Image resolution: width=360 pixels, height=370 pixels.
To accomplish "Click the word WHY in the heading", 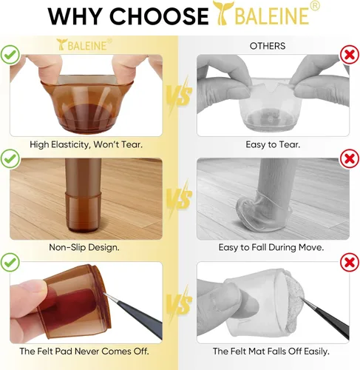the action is click(x=75, y=16).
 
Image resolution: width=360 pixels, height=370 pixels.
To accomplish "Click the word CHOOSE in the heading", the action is click(x=159, y=16).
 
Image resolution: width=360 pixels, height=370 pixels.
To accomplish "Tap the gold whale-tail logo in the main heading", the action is click(x=223, y=13).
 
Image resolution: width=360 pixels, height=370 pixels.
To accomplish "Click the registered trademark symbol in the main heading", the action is click(x=314, y=6).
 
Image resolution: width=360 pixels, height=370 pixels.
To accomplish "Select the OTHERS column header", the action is click(x=268, y=46).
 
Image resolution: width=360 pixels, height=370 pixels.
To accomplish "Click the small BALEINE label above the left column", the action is click(x=84, y=44).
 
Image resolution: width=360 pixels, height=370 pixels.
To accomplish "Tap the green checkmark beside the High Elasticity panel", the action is click(x=10, y=55).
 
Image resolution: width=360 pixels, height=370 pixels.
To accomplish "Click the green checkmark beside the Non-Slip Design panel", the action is click(x=10, y=158).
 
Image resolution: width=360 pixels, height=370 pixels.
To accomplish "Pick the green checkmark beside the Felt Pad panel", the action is click(x=10, y=262).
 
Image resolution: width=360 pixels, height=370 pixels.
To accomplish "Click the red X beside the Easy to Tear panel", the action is click(x=350, y=55).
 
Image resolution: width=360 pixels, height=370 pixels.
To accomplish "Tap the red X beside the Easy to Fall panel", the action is click(x=350, y=158).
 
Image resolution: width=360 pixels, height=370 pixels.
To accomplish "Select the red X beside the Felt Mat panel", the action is click(x=350, y=263).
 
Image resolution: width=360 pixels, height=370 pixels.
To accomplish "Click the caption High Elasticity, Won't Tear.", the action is click(x=86, y=144).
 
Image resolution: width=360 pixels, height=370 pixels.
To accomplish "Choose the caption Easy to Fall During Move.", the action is click(x=271, y=247).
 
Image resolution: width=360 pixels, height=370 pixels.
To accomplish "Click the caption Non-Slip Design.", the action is click(x=84, y=247).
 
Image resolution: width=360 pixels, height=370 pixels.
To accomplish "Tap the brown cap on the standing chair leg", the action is click(x=83, y=211).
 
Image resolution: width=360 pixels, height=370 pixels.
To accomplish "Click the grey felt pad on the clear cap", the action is click(x=293, y=303).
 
